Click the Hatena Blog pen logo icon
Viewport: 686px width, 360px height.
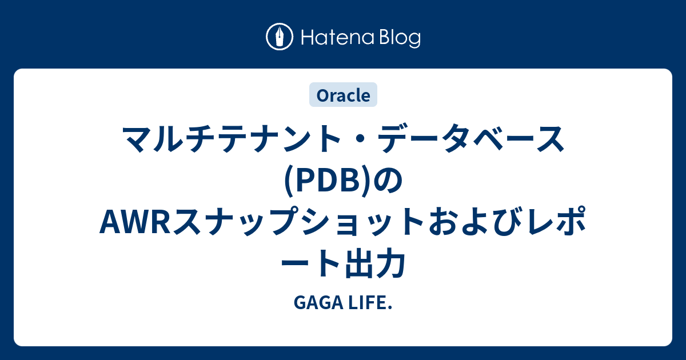click(280, 37)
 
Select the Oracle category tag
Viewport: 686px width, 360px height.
click(343, 95)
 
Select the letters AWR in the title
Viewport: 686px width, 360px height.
click(131, 223)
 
